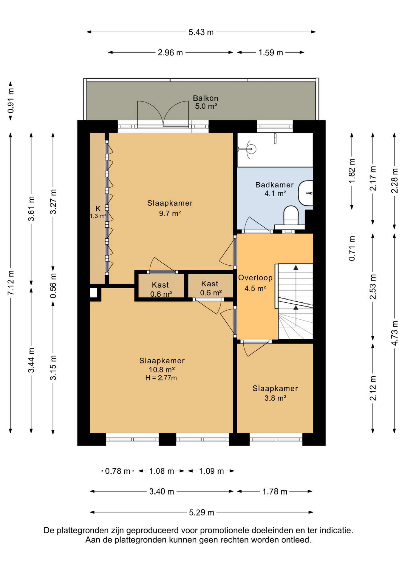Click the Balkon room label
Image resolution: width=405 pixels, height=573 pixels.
pos(205,98)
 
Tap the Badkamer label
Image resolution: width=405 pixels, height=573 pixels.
pos(274,185)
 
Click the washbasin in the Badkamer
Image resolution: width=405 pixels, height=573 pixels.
pos(306,193)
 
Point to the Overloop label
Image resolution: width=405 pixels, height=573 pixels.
pos(255,278)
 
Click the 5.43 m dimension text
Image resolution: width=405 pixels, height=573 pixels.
pos(201,32)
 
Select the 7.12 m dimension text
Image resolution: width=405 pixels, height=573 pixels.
pos(11,283)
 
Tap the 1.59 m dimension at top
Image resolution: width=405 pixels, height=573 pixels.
pos(270,53)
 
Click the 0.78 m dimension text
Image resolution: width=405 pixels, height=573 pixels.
pos(118,471)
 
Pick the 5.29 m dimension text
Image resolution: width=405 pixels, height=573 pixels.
pos(202,512)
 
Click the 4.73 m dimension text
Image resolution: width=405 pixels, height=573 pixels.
pos(395,333)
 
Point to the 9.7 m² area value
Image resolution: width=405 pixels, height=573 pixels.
pos(170,213)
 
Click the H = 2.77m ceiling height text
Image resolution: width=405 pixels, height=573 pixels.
pos(161,378)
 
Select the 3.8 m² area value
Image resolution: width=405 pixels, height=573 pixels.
pos(275,398)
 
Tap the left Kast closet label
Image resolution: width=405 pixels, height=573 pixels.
pos(160,285)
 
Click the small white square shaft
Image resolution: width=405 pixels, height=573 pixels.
pos(94,293)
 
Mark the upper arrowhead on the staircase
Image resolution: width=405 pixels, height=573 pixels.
pos(296,267)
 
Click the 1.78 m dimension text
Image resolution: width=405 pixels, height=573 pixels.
pos(275,492)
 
